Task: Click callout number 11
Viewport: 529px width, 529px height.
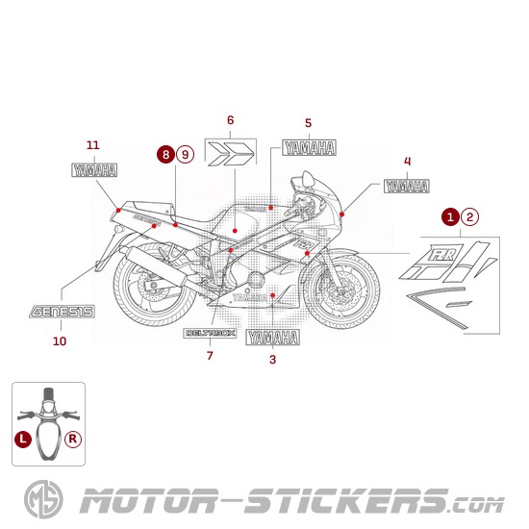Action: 92,145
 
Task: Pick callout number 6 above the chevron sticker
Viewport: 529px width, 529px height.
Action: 230,120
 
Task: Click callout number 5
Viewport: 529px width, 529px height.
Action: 308,123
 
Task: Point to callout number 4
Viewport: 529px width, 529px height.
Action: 407,161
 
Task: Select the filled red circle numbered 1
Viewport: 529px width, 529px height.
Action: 450,217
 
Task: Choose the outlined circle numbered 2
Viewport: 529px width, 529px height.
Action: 468,217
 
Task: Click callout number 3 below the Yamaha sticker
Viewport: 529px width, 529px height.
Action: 272,360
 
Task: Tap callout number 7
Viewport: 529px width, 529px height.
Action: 209,356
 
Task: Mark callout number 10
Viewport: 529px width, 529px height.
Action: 60,340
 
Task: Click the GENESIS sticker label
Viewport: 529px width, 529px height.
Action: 61,313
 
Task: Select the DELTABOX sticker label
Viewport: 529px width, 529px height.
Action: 210,333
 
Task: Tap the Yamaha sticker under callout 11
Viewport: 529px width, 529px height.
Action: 95,171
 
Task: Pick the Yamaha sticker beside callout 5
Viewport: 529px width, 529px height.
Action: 309,148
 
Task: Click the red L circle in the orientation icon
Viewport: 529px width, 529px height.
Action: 22,439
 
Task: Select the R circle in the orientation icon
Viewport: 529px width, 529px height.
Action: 73,439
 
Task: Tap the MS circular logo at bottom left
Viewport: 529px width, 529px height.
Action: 39,502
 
